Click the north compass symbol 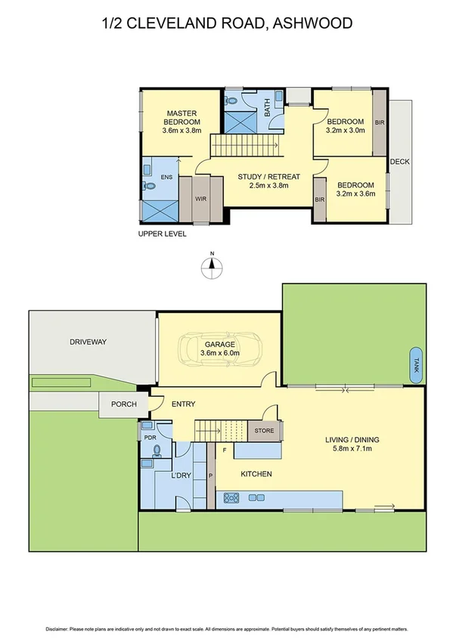[x=213, y=265]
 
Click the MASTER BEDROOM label [x=182, y=117]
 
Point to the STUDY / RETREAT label [x=269, y=177]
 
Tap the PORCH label [x=123, y=404]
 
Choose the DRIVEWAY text [x=88, y=342]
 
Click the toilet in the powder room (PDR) [x=157, y=451]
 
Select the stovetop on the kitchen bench [x=232, y=497]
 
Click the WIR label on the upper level [x=201, y=199]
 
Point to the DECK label [x=399, y=161]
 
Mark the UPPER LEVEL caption [x=162, y=234]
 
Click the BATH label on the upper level [x=268, y=110]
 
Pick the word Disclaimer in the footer [x=58, y=629]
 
